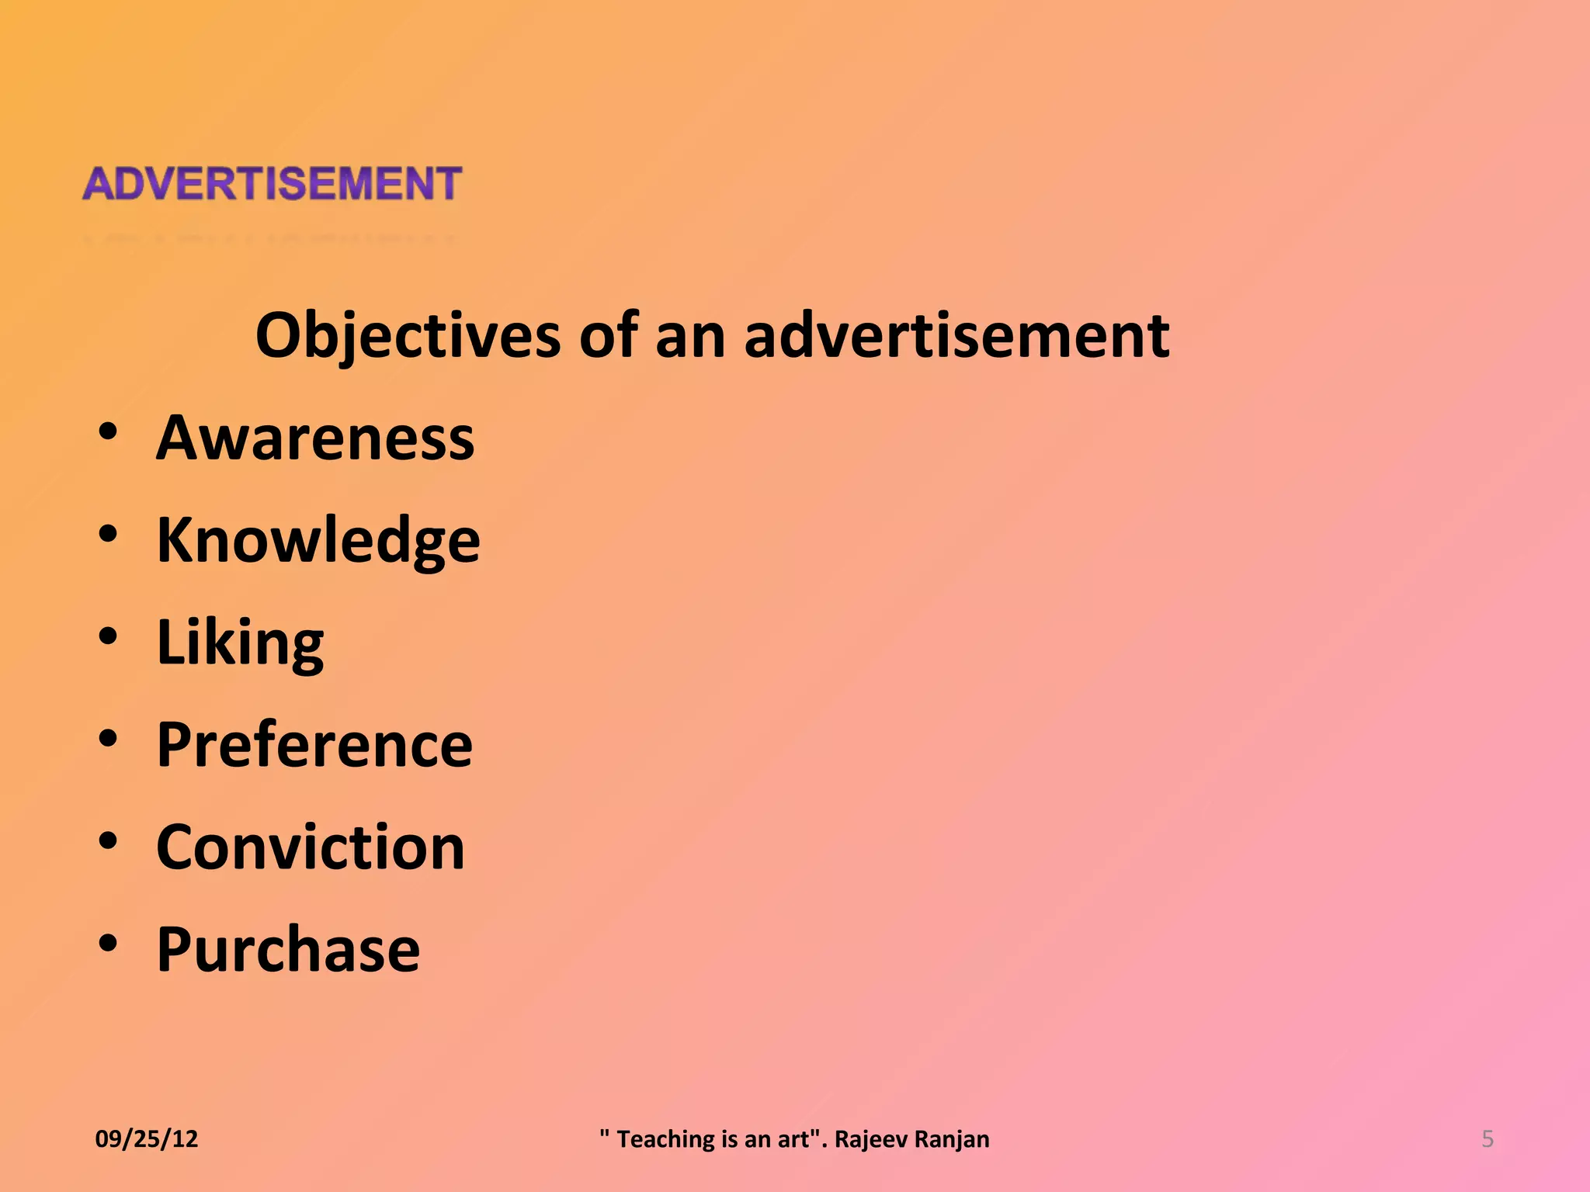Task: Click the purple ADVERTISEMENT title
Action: [272, 184]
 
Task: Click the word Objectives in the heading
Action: [408, 335]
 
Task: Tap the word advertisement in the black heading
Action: [956, 335]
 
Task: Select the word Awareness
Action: [315, 438]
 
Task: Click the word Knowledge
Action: [318, 540]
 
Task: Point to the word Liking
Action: [240, 643]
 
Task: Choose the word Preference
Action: [314, 745]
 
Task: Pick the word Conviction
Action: [311, 847]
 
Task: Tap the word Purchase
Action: [288, 949]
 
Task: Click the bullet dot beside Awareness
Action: [108, 431]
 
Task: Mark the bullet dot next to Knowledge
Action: [108, 534]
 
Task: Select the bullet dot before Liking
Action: [108, 636]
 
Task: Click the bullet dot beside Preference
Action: [108, 739]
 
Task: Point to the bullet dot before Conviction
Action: [108, 841]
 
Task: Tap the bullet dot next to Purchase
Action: [108, 943]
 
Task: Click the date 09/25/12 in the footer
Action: [147, 1138]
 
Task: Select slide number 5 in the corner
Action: [1488, 1138]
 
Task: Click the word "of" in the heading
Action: [609, 335]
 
